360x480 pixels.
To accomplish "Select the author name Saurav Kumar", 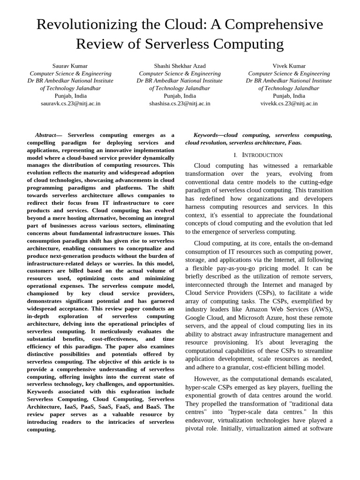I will tap(70, 66).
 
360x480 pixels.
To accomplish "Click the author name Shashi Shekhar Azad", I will tap(180, 66).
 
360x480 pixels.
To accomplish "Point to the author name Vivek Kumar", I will tap(289, 66).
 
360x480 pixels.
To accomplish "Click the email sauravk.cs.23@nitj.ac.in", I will tap(70, 104).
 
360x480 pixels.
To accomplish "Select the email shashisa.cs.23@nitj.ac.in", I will tap(180, 104).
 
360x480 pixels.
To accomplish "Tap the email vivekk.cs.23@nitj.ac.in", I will tap(289, 104).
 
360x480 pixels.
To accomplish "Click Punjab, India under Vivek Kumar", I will tap(289, 96).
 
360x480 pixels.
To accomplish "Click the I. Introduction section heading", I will tap(258, 155).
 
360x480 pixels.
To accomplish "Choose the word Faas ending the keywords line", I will tap(294, 142).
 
